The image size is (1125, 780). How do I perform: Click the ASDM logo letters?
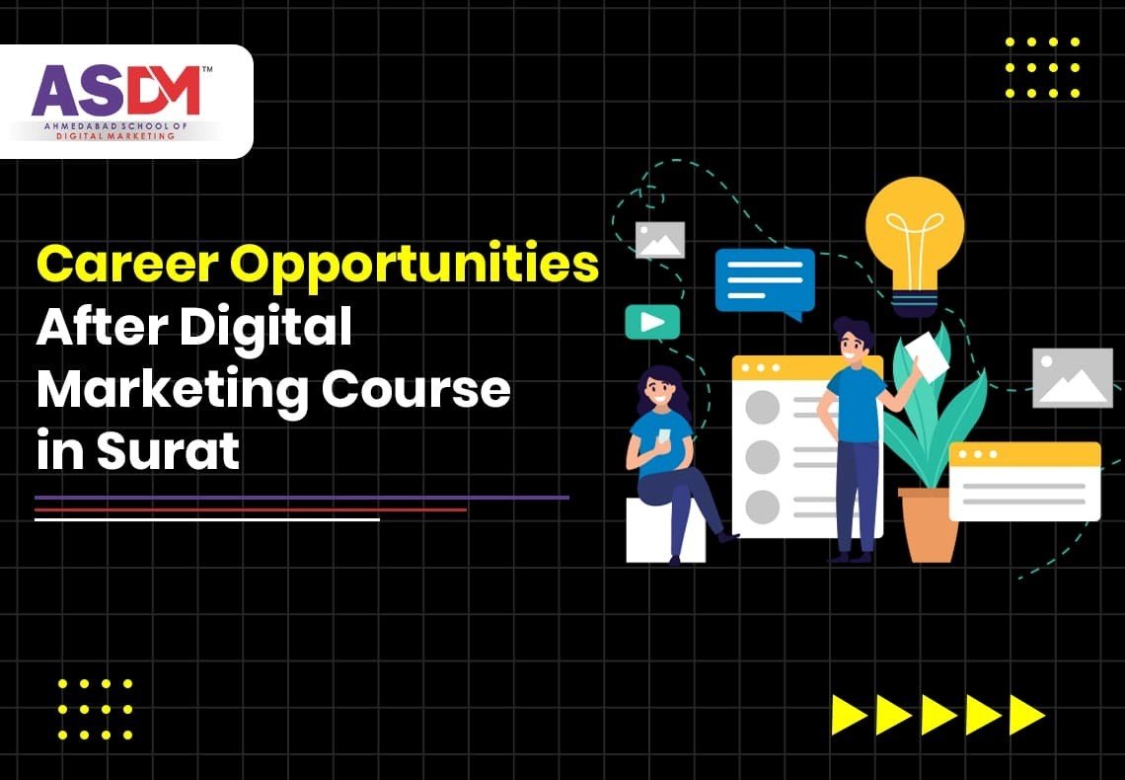click(116, 91)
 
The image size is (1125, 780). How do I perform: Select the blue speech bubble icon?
click(764, 281)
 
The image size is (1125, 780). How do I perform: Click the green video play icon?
click(652, 322)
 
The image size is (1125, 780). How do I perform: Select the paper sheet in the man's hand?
click(927, 355)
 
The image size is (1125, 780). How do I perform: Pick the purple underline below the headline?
click(301, 498)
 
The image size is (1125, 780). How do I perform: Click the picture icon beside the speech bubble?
click(660, 240)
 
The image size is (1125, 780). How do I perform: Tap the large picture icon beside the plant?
click(1072, 377)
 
